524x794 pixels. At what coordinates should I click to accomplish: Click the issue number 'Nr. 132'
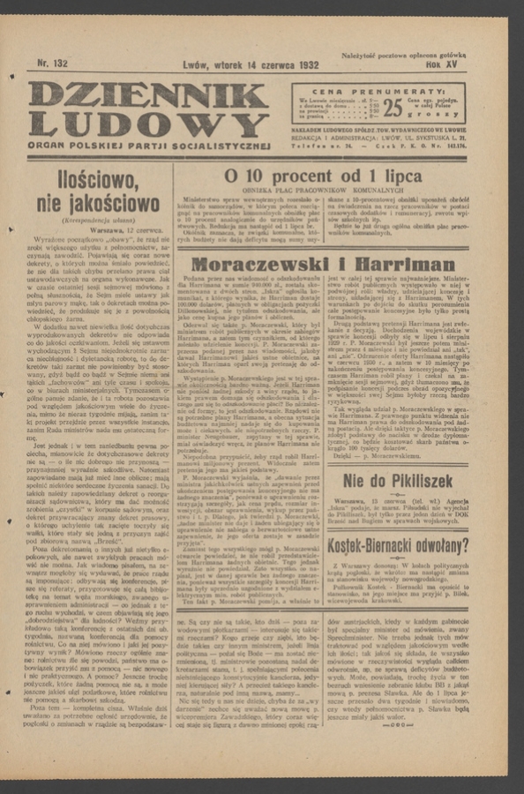point(51,64)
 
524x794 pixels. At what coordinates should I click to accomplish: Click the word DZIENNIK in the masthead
point(147,96)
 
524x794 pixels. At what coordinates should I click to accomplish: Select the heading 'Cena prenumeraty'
point(380,91)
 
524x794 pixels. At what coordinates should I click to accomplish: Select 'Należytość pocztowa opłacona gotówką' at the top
point(404,55)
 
